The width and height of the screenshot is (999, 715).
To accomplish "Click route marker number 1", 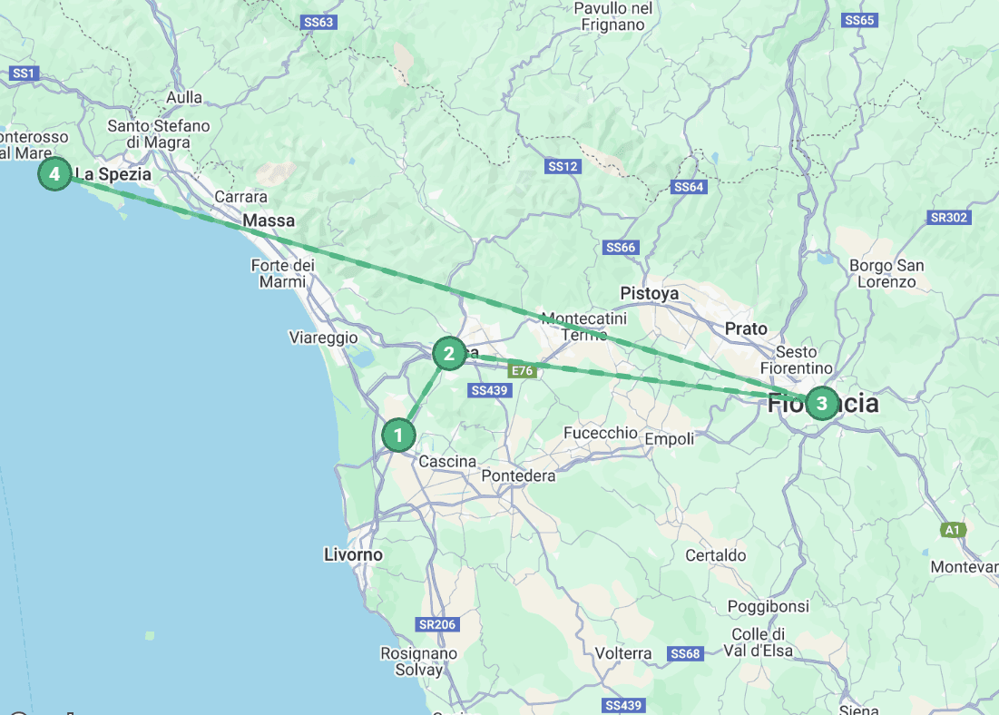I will tap(397, 436).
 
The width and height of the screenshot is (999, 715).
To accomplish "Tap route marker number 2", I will tap(449, 354).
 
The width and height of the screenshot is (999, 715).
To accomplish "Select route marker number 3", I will tap(821, 403).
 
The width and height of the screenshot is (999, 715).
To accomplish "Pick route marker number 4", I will tap(54, 173).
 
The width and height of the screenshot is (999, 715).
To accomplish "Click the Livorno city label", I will tap(353, 554).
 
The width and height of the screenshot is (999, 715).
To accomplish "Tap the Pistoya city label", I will tap(650, 293).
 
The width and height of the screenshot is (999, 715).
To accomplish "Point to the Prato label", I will tap(746, 328).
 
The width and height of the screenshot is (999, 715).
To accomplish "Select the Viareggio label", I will tap(323, 338).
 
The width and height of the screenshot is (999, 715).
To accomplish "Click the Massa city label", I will tap(269, 220).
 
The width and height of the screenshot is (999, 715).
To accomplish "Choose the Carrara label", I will tap(240, 197).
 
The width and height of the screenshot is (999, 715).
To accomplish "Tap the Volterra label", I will tap(623, 653).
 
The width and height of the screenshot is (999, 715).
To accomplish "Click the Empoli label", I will tap(669, 439).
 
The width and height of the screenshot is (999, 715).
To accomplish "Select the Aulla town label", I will tap(184, 98).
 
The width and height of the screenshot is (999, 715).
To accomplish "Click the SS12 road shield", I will tap(563, 167).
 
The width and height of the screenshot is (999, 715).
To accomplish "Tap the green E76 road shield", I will tap(521, 370).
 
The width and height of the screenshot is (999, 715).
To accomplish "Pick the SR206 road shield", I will tap(437, 624).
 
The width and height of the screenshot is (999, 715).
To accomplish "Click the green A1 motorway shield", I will tap(952, 530).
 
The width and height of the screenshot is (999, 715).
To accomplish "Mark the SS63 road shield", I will tap(319, 22).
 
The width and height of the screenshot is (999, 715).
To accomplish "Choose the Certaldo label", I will tap(716, 555).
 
